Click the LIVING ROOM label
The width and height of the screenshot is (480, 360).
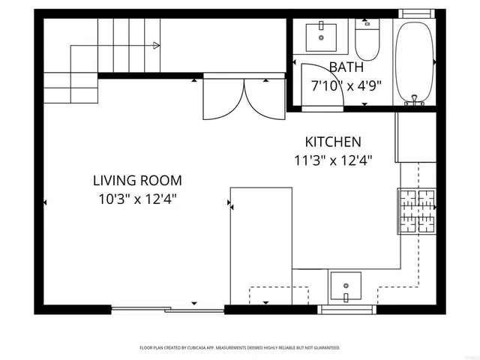137,181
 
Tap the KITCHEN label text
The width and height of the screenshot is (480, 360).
333,142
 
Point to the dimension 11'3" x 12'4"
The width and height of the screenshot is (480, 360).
333,159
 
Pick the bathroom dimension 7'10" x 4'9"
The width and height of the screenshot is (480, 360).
346,85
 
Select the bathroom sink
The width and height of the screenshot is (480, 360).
322,36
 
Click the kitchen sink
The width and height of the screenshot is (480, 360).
345,286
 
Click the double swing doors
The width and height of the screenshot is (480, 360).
244,97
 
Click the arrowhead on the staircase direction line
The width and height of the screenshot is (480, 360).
156,46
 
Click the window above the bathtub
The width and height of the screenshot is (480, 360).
415,13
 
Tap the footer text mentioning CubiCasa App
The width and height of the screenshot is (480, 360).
240,348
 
